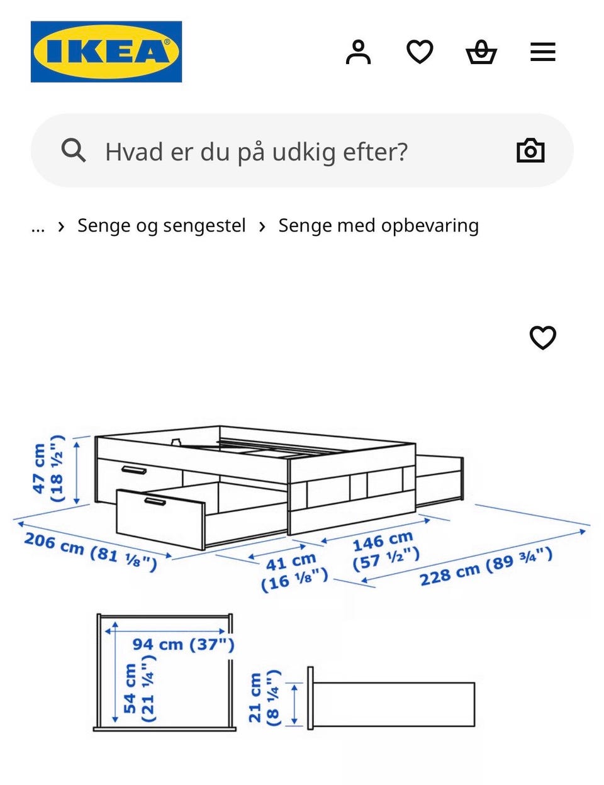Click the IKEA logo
coord(106,52)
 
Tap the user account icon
coord(358,52)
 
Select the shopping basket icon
coord(481,52)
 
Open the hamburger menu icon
coord(542,52)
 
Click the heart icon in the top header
coord(420,52)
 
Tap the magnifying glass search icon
coord(74,150)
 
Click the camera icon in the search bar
coord(530,150)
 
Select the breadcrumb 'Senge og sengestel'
coord(162,226)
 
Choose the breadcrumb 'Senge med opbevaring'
coord(379,226)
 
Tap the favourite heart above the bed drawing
coord(542,337)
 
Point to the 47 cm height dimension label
coord(48,469)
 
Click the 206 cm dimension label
coord(91,552)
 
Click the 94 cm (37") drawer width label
coord(184,644)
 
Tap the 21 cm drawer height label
coord(264,698)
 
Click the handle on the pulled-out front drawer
coord(155,501)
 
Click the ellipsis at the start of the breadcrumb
coord(38,229)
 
